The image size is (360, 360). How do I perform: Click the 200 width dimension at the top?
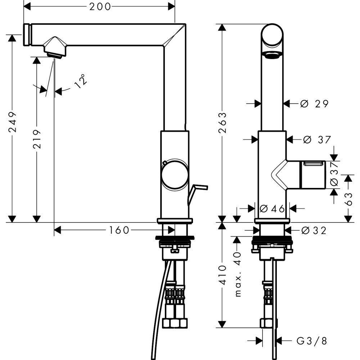coord(100,7)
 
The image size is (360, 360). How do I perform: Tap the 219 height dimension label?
coord(37,139)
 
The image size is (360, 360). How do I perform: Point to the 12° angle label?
coord(81,81)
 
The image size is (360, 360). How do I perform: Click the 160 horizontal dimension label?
coord(119,230)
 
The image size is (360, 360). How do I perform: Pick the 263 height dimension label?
coord(222,123)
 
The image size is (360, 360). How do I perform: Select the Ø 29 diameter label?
coord(314,104)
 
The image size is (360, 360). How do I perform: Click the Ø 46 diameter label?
coord(272,209)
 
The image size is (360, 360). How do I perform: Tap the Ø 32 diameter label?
coord(314,230)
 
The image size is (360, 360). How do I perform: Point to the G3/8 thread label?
coord(311,341)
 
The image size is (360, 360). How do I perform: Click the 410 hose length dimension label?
coord(222,275)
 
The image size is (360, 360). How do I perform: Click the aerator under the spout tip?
coord(54,55)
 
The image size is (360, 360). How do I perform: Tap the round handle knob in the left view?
coord(175,175)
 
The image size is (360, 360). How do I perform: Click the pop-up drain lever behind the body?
coord(197,194)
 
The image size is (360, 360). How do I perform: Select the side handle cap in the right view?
coord(312,175)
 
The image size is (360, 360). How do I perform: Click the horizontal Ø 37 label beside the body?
coord(317,140)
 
